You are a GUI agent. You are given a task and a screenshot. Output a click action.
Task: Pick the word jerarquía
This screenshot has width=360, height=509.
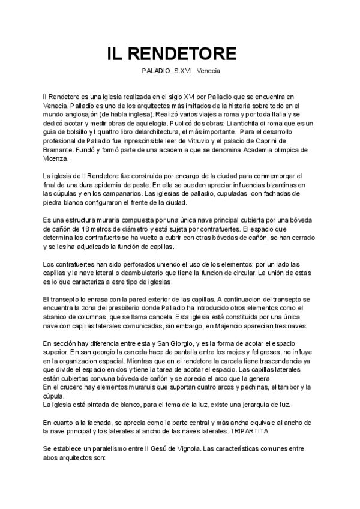[x=233, y=405]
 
